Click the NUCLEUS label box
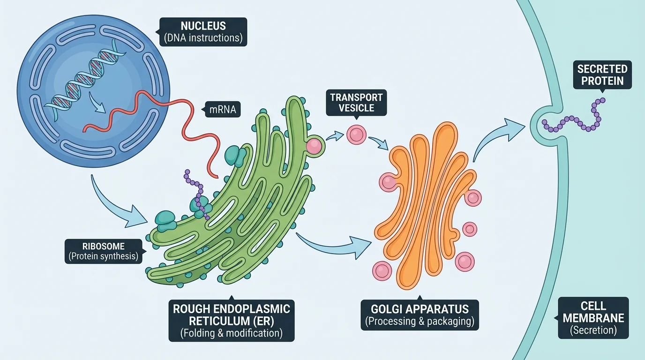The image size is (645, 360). click(x=202, y=31)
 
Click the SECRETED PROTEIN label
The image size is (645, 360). click(x=602, y=75)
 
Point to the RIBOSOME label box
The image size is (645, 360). click(x=103, y=251)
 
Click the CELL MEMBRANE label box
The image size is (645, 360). click(x=593, y=318)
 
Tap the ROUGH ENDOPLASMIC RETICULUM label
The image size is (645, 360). click(x=232, y=321)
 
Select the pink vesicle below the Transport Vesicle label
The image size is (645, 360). click(x=356, y=135)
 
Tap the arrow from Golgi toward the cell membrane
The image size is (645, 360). click(x=497, y=136)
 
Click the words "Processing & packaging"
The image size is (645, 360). click(x=420, y=322)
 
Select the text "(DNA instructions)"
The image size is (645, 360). click(x=202, y=37)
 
